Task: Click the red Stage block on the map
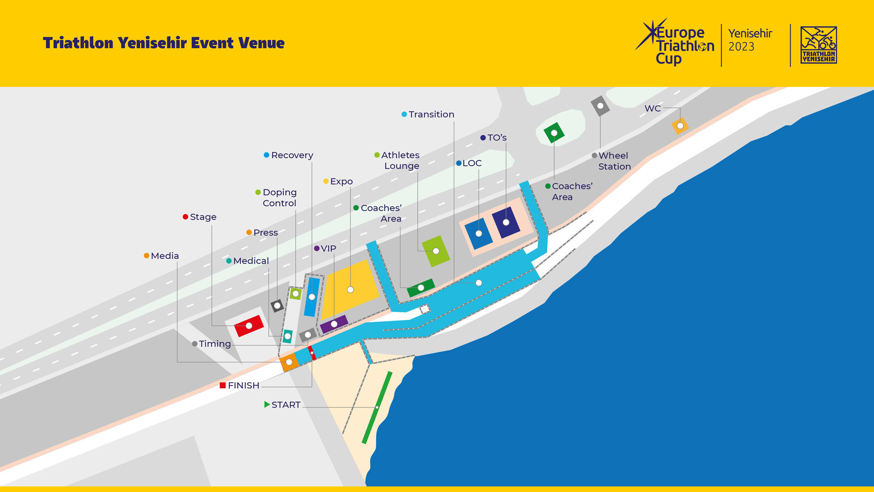pyautogui.click(x=249, y=326)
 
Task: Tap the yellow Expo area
pyautogui.click(x=350, y=290)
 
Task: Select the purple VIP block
pyautogui.click(x=334, y=324)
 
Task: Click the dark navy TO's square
pyautogui.click(x=506, y=222)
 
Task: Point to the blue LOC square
pyautogui.click(x=478, y=233)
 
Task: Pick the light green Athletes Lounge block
pyautogui.click(x=436, y=251)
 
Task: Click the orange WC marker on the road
pyautogui.click(x=680, y=126)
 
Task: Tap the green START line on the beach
pyautogui.click(x=377, y=407)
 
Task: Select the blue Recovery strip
pyautogui.click(x=312, y=297)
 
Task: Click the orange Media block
pyautogui.click(x=289, y=363)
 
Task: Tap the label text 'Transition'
pyautogui.click(x=431, y=114)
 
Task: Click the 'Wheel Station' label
pyautogui.click(x=614, y=161)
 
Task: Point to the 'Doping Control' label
pyautogui.click(x=279, y=198)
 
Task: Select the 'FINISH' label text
pyautogui.click(x=244, y=385)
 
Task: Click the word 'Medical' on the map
pyautogui.click(x=251, y=261)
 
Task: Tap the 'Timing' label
pyautogui.click(x=214, y=344)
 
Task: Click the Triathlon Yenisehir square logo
pyautogui.click(x=818, y=45)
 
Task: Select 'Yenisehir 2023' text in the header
pyautogui.click(x=750, y=40)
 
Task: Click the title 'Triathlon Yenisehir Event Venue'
pyautogui.click(x=164, y=43)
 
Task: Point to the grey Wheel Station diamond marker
pyautogui.click(x=600, y=106)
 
